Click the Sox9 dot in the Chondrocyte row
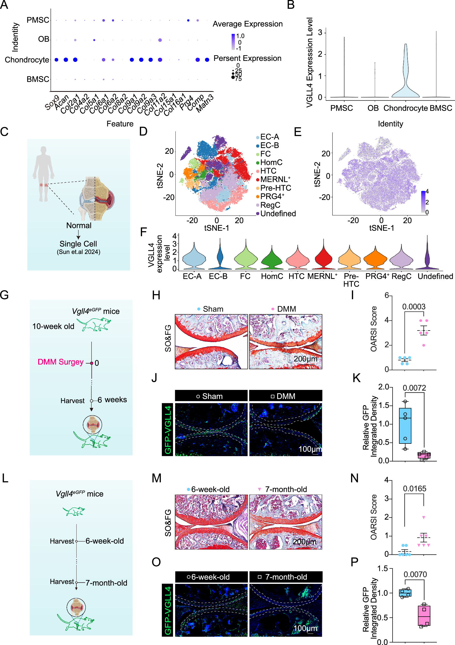56,60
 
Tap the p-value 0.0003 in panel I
413,307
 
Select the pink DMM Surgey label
61,362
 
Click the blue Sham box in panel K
405,426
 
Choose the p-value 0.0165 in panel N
414,489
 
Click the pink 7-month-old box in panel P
424,615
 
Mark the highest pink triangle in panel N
424,517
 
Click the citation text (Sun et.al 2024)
78,252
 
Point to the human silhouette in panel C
43,173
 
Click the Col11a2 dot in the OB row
160,40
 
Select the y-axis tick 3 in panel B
320,33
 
